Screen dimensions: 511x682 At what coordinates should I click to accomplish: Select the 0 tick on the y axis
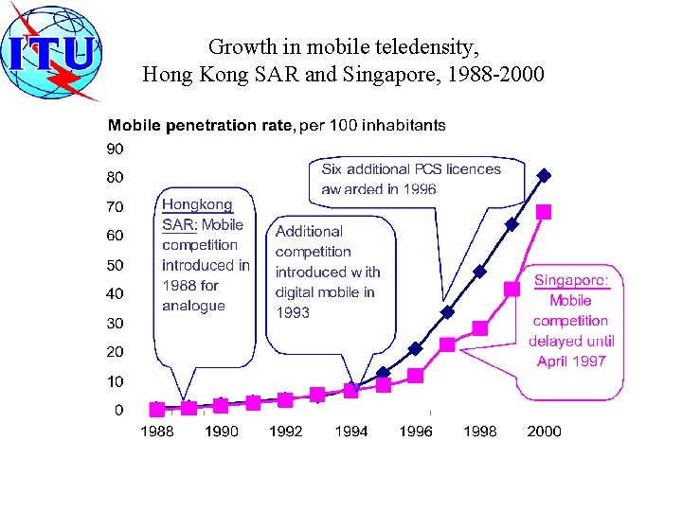(x=117, y=410)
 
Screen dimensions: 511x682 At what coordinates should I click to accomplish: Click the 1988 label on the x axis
(x=157, y=432)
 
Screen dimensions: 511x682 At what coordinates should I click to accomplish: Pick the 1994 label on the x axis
(x=351, y=432)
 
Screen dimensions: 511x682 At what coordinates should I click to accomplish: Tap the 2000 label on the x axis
(x=544, y=432)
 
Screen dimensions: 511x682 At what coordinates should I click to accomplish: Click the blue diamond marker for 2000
(x=544, y=175)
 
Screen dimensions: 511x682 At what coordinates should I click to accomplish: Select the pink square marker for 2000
(x=544, y=212)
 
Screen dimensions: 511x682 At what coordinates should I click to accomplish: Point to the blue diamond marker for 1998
(x=479, y=272)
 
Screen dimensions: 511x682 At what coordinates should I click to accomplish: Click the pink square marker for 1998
(x=479, y=328)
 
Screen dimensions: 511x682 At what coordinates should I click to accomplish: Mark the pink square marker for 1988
(x=157, y=409)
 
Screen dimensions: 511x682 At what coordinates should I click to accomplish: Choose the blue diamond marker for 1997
(x=447, y=311)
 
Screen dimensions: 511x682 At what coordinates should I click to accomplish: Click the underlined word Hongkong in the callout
(x=197, y=204)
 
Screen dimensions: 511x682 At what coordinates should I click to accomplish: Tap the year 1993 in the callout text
(x=293, y=312)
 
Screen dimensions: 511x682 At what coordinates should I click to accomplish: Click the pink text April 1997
(x=571, y=361)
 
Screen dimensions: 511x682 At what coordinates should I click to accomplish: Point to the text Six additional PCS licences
(x=411, y=169)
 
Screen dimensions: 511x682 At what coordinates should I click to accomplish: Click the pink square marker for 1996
(x=415, y=376)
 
